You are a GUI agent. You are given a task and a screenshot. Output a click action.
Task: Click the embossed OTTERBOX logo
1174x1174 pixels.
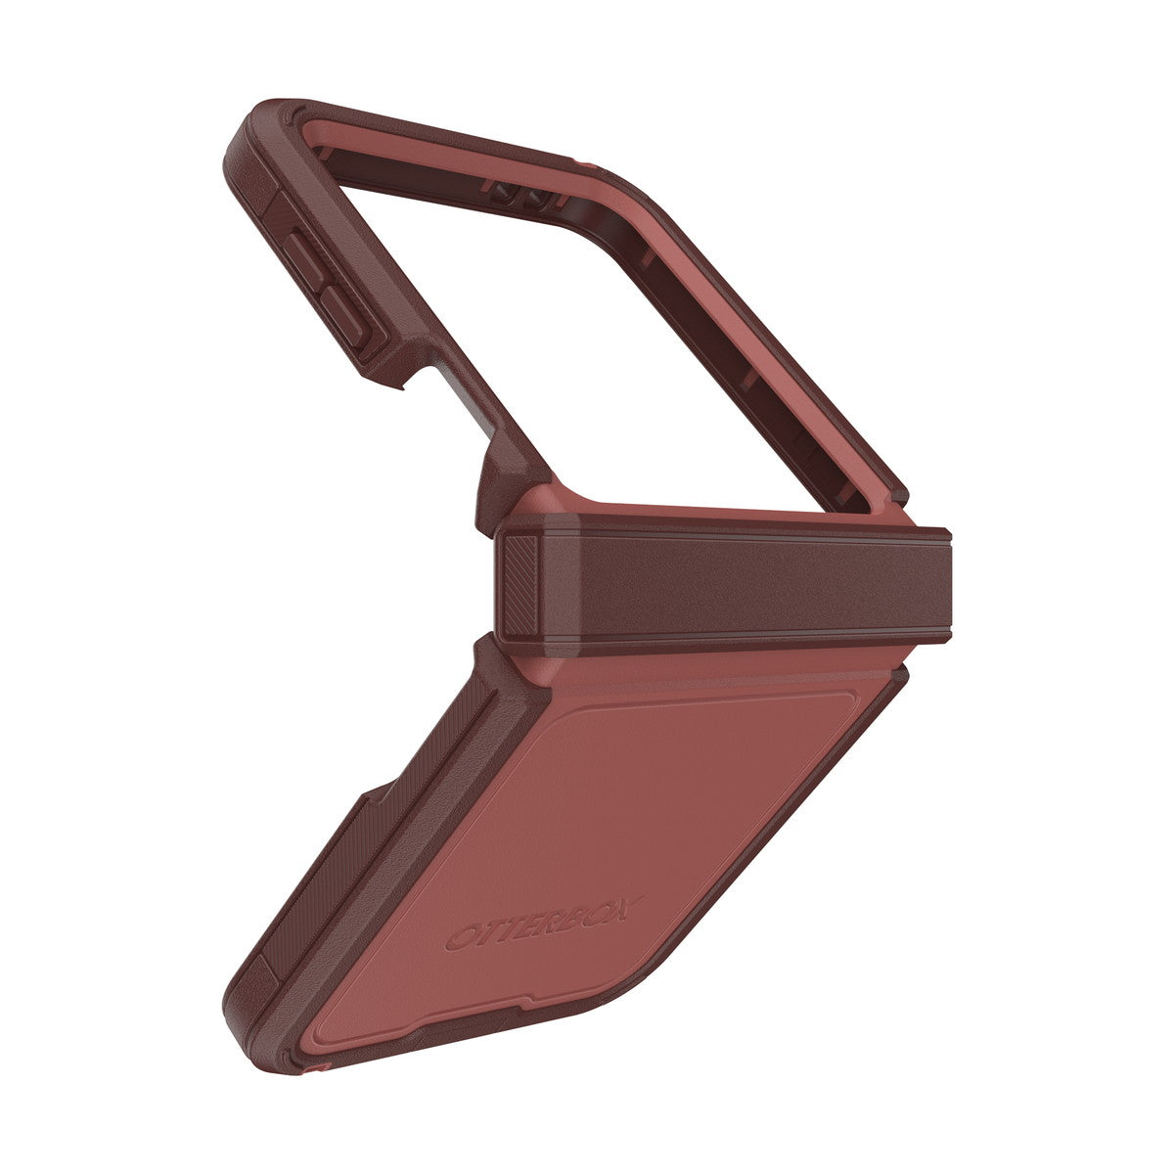[544, 923]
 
